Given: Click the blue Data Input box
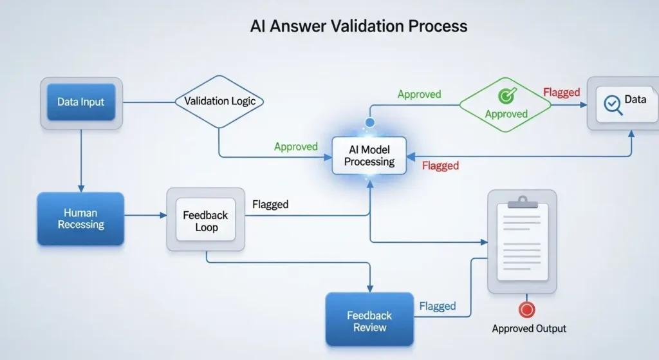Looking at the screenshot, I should point(80,102).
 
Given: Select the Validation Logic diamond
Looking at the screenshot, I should point(219,102).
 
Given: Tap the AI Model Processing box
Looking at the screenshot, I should point(369,155).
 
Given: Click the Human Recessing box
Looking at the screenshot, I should point(80,218).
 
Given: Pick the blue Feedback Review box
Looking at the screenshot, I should point(369,320).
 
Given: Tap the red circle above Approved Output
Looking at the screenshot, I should point(527,310).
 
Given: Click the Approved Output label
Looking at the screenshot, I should point(529,328).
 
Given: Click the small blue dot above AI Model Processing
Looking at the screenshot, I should point(369,122).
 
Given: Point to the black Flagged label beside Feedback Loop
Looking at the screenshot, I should point(270,205).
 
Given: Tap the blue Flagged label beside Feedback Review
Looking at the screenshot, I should point(438,306).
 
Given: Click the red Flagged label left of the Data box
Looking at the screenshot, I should point(561,93).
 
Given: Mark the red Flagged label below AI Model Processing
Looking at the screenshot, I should point(440,166).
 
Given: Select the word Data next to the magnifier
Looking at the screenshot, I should point(635,100).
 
